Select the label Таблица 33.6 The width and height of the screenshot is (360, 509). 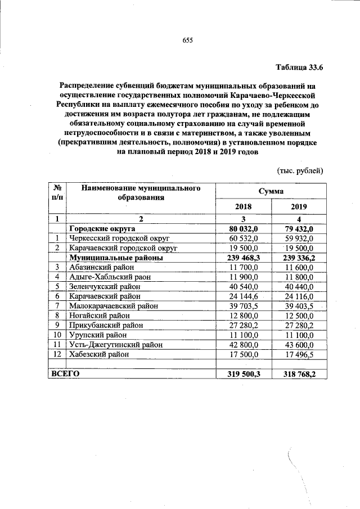(x=299, y=68)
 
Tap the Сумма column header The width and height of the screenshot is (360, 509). (x=271, y=191)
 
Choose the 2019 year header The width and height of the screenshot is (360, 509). (x=299, y=206)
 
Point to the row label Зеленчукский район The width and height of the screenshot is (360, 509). (x=104, y=286)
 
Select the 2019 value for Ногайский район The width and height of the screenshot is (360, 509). (x=299, y=316)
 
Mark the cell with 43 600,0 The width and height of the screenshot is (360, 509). (x=299, y=345)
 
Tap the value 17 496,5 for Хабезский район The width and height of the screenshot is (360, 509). (x=299, y=354)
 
